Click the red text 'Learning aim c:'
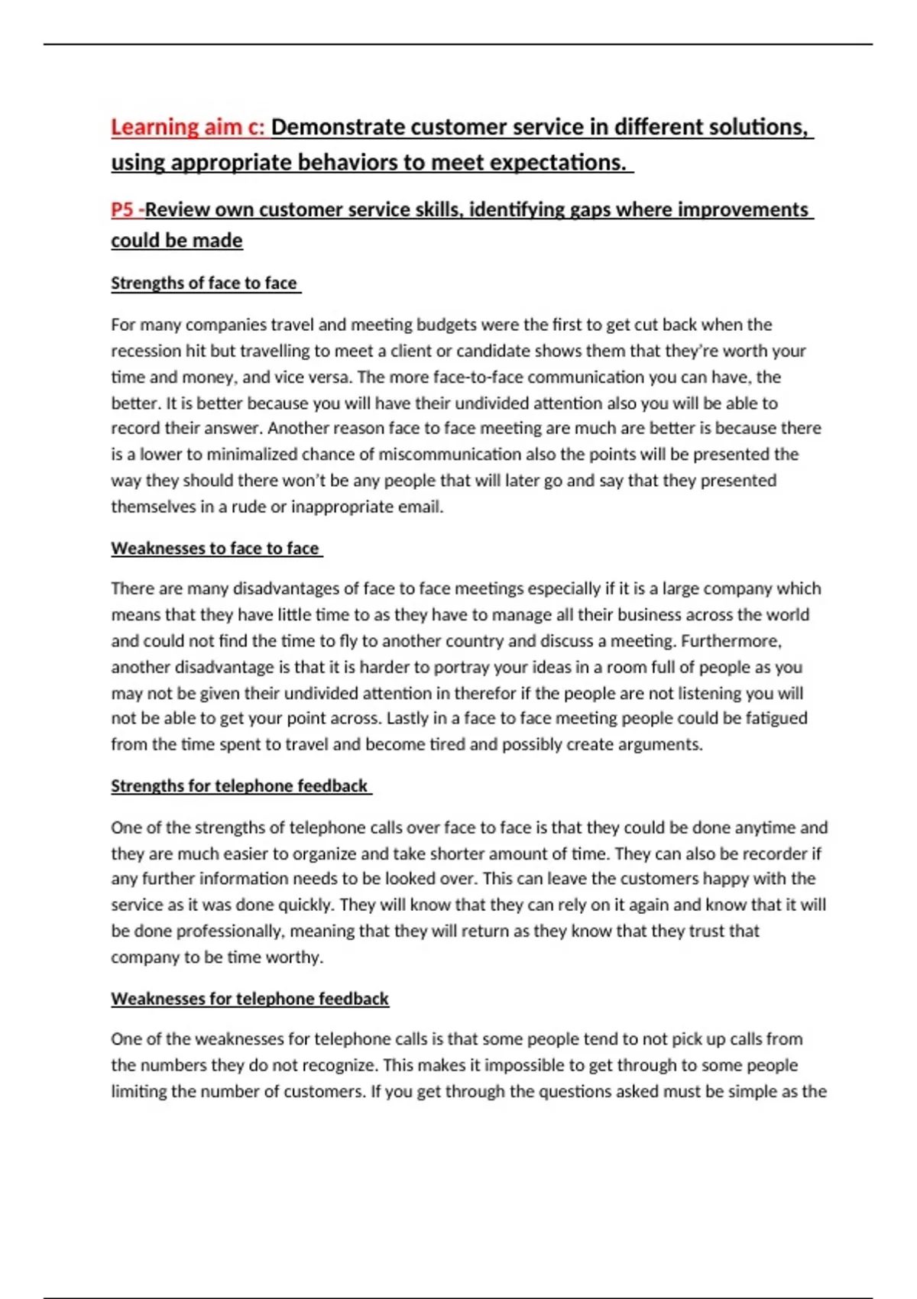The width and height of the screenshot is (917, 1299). [x=187, y=127]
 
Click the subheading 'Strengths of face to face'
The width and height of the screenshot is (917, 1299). [x=204, y=283]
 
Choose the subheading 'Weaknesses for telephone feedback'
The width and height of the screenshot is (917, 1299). [x=250, y=999]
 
